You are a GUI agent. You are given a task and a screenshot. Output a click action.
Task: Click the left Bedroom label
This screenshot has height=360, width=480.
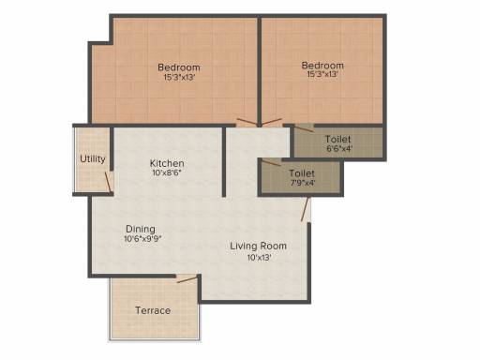[x=179, y=67]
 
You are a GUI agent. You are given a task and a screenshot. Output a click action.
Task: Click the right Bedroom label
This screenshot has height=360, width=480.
[x=322, y=66]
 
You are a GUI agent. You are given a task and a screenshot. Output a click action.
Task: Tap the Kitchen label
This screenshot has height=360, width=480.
[x=167, y=163]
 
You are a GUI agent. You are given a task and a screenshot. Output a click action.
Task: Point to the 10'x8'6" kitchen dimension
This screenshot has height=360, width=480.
[x=167, y=172]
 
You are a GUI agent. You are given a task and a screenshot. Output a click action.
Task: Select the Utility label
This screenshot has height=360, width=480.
[x=93, y=159]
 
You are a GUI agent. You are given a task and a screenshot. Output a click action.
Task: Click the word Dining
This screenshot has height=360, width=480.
[x=141, y=229]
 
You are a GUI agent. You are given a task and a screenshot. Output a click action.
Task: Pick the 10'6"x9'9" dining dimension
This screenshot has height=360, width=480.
[x=142, y=239]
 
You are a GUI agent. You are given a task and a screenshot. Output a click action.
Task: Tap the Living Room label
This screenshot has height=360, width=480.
[x=258, y=246]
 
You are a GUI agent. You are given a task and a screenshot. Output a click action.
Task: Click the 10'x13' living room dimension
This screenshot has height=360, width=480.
[x=259, y=258]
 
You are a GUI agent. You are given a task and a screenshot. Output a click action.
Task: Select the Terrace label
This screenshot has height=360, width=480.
[x=153, y=310]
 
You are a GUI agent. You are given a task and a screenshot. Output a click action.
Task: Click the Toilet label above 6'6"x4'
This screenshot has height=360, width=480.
[x=337, y=139]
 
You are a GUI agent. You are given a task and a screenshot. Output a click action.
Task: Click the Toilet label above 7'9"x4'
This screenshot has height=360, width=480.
[x=302, y=173]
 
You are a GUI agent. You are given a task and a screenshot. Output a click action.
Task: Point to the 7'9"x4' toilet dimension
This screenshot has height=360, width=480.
[x=303, y=183]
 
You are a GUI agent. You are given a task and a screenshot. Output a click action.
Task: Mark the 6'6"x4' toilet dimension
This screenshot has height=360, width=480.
[x=339, y=148]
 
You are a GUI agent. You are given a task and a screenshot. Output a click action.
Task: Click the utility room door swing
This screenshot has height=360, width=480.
[x=108, y=182]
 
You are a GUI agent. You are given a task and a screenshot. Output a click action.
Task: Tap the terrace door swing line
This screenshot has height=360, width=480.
[x=187, y=279]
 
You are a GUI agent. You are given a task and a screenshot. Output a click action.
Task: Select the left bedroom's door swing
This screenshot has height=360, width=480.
[x=247, y=122]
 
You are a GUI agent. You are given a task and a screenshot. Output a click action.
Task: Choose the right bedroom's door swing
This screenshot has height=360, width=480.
[x=271, y=122]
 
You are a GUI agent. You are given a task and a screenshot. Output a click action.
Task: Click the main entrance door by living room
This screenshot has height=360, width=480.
[x=306, y=209]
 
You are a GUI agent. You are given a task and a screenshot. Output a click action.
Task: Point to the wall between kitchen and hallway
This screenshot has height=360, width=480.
[x=224, y=161]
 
